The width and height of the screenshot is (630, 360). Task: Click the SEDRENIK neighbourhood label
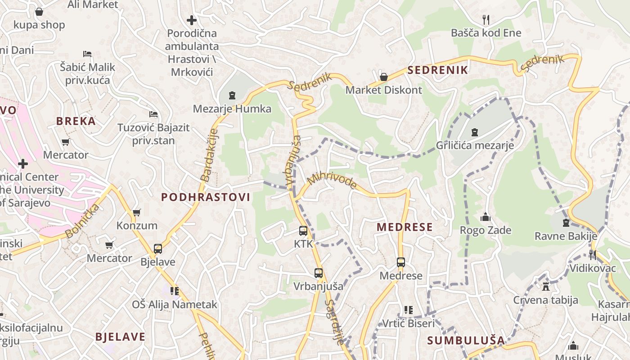[438, 70]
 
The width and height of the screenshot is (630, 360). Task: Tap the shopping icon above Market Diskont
[384, 77]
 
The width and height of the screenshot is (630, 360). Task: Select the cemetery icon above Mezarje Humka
[232, 95]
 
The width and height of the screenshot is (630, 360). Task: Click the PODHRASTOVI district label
[206, 197]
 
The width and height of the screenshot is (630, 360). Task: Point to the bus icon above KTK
[303, 231]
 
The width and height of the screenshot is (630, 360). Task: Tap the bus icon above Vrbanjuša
[319, 273]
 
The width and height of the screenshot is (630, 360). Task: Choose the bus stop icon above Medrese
[401, 262]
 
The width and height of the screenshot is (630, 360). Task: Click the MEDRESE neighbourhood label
[405, 227]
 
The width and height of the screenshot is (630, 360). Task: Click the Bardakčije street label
[209, 155]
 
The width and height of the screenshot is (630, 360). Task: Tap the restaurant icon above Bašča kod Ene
[486, 19]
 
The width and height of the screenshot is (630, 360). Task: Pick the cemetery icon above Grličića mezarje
[474, 132]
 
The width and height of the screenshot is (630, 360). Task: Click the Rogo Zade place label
[486, 230]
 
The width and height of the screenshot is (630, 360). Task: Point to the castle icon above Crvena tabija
[546, 286]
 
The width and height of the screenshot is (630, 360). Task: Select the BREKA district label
[76, 121]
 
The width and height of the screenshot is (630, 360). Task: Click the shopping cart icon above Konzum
[136, 212]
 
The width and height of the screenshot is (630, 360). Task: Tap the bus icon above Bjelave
[157, 248]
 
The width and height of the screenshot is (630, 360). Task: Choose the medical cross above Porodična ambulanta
[192, 20]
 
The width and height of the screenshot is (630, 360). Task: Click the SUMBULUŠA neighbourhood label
[466, 340]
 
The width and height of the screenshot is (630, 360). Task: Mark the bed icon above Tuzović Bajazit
[153, 114]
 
